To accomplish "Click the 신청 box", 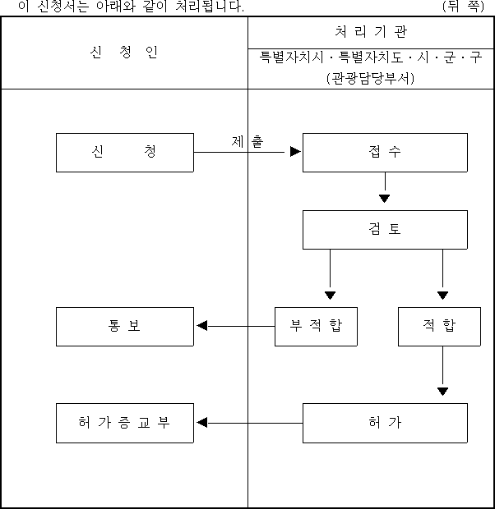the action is (x=125, y=153).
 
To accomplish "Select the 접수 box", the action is (x=385, y=153).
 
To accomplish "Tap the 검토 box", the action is (x=385, y=230).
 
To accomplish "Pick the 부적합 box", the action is (x=316, y=327).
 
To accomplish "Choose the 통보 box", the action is (x=125, y=327).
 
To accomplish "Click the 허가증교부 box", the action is (x=125, y=423).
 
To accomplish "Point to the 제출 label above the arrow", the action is (x=247, y=141).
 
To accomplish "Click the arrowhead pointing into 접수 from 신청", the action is (x=295, y=152).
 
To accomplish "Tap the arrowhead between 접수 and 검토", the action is (x=385, y=199).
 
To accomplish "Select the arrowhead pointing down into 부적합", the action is (x=330, y=296).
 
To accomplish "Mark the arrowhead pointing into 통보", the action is (x=202, y=326).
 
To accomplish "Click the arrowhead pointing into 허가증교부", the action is (x=202, y=423).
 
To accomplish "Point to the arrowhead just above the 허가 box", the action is (x=442, y=392).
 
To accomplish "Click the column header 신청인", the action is (x=124, y=52).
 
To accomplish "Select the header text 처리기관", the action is (x=371, y=32).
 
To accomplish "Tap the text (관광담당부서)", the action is (x=371, y=78).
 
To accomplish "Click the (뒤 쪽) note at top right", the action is (x=463, y=6).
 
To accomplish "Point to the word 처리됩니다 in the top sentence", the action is (x=210, y=7).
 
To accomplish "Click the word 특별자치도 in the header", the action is (x=371, y=57).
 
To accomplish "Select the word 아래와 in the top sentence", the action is (x=116, y=7).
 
